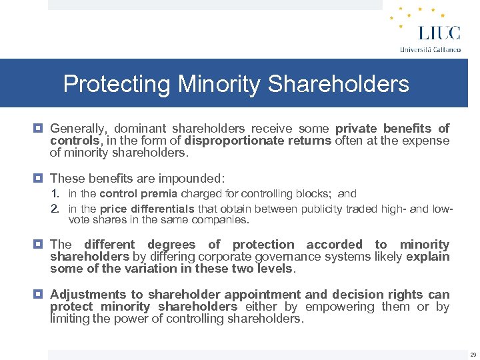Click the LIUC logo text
pyautogui.click(x=430, y=33)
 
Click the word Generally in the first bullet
pyautogui.click(x=79, y=128)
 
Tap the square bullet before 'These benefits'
pyautogui.click(x=40, y=179)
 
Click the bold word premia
pyautogui.click(x=163, y=194)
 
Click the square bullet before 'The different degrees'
pyautogui.click(x=40, y=245)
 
